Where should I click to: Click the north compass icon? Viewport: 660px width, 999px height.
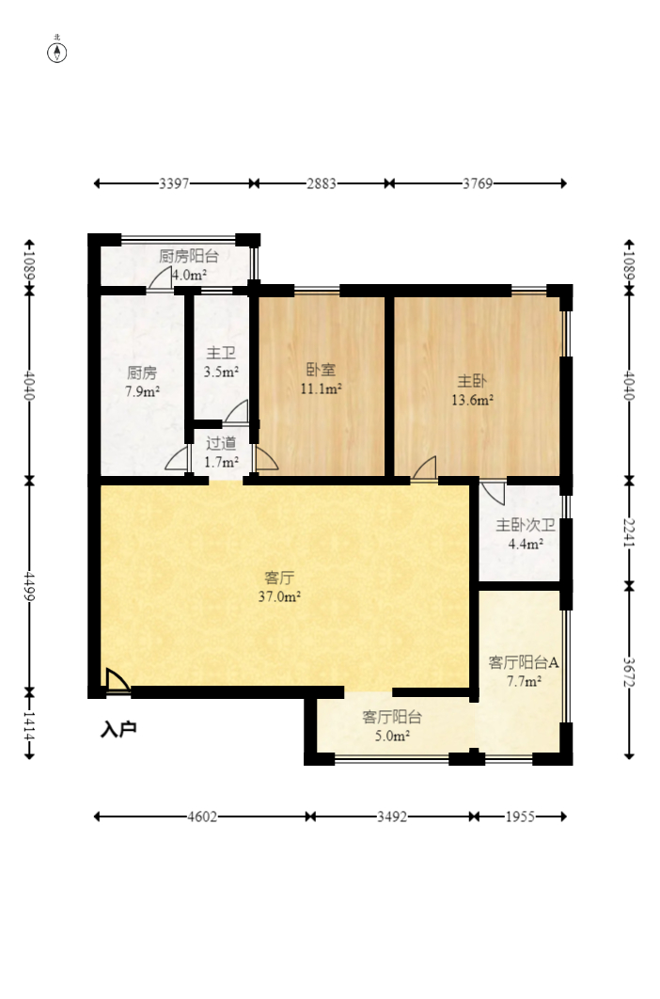coord(57,53)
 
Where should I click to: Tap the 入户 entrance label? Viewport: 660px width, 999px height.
coord(119,730)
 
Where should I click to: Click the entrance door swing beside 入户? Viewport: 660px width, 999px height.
coord(118,680)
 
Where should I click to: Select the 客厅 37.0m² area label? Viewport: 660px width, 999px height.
coord(279,587)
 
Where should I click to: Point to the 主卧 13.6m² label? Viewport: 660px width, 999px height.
coord(472,390)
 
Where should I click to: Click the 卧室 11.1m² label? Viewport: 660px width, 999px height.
coord(322,379)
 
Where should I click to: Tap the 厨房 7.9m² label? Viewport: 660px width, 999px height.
coord(142,382)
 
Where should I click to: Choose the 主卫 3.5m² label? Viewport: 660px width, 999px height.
coord(221,362)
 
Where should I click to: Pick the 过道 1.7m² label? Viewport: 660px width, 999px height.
coord(221,452)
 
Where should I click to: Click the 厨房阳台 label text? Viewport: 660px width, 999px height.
coord(189,256)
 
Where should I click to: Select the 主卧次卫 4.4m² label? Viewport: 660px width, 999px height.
coord(526,534)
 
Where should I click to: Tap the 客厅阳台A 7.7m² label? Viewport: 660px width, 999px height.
coord(524,672)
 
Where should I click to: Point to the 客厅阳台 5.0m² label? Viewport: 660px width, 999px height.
coord(392,726)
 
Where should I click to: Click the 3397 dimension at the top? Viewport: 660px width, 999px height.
coord(174,183)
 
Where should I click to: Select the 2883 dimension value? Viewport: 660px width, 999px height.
coord(322,183)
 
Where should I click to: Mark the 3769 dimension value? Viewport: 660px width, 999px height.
coord(478,183)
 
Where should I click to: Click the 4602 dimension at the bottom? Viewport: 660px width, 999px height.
coord(202,817)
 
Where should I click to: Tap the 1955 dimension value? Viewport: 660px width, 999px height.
coord(521,817)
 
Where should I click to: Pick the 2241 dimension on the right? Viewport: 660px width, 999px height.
coord(629,532)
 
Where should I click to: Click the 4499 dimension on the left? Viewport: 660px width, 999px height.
coord(29,585)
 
